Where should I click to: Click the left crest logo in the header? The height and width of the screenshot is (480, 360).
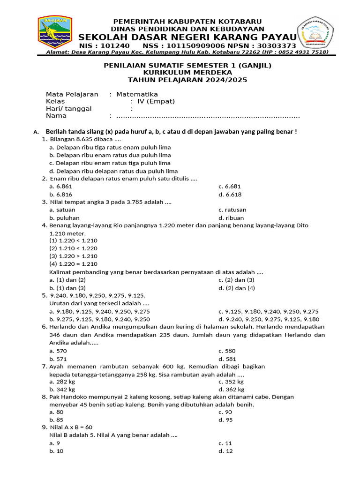[55, 32]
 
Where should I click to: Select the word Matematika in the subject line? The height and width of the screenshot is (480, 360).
[137, 94]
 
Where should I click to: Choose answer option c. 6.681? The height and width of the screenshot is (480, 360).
[230, 187]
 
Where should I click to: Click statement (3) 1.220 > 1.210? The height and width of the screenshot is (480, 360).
[73, 256]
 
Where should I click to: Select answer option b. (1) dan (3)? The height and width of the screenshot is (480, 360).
[67, 288]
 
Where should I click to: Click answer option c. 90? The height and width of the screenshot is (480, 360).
[225, 412]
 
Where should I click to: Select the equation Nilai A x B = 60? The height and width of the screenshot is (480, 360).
[71, 427]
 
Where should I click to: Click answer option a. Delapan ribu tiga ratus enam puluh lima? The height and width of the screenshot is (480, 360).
[110, 147]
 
